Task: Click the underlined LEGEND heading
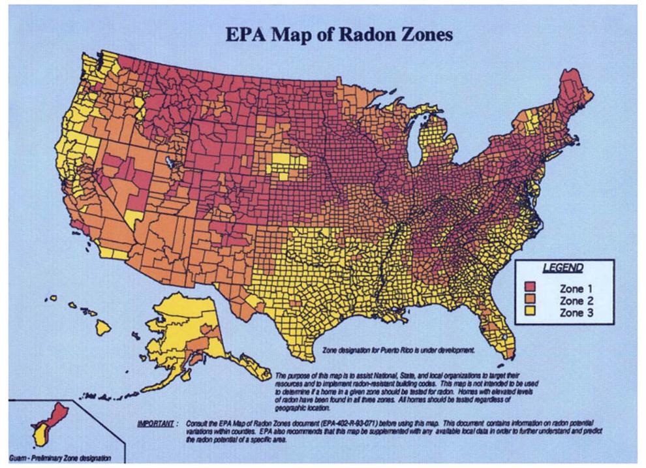pos(562,268)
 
